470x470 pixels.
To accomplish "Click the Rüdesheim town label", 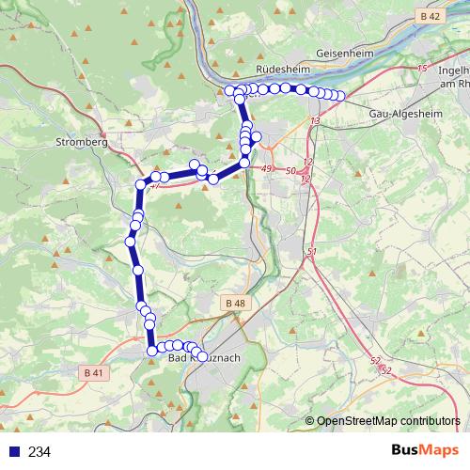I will click(x=283, y=70).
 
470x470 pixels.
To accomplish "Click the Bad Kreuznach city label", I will click(x=204, y=358).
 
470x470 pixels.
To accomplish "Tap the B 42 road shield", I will click(x=431, y=17).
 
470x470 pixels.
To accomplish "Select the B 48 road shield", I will click(x=235, y=303).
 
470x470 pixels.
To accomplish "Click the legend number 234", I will click(x=39, y=452).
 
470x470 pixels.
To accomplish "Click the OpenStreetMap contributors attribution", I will click(x=387, y=421).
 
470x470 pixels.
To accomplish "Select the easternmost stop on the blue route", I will click(x=340, y=96).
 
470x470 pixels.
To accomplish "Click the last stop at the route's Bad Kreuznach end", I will click(x=202, y=356).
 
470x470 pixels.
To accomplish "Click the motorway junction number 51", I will click(x=312, y=253).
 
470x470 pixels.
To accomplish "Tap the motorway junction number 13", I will click(x=315, y=121).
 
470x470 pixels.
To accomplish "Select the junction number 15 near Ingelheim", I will click(x=421, y=69).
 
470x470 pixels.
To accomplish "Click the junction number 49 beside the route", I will click(x=267, y=168).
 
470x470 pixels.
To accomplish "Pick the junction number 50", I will click(x=290, y=170).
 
